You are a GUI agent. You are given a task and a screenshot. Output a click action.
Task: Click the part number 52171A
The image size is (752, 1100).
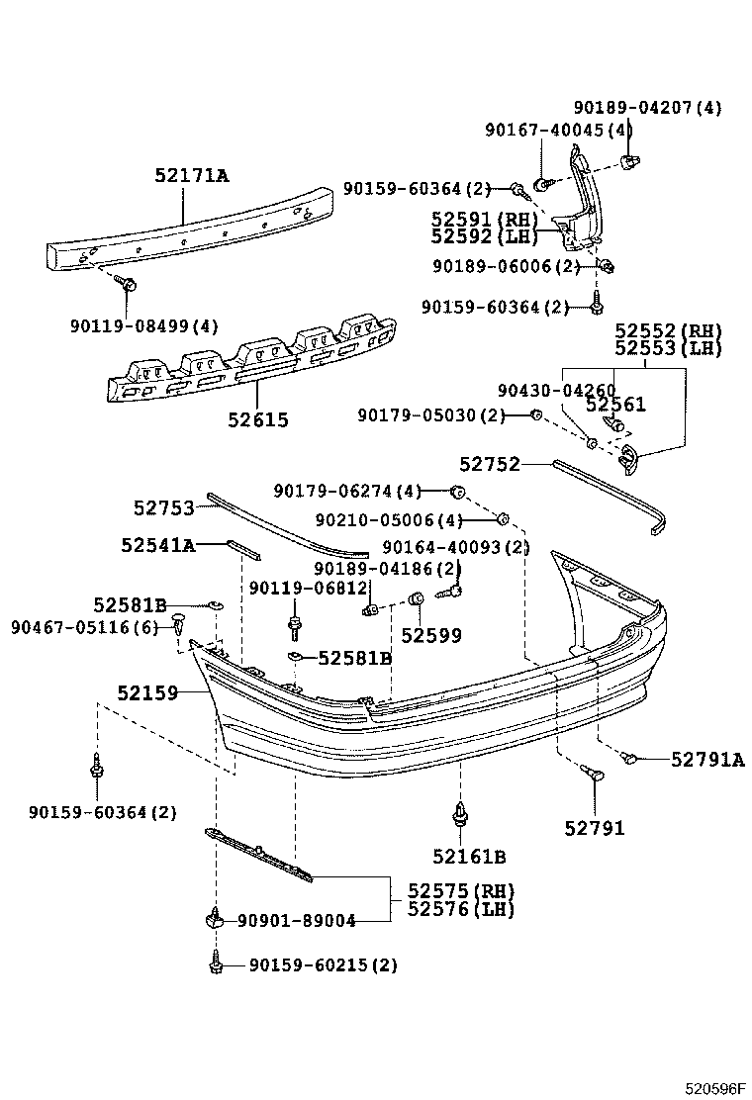click(x=191, y=177)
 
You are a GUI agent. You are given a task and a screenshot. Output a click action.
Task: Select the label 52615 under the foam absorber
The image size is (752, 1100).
click(x=257, y=419)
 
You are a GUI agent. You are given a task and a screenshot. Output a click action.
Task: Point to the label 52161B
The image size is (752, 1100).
click(x=468, y=857)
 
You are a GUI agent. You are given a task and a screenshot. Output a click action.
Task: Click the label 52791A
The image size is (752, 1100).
click(x=707, y=759)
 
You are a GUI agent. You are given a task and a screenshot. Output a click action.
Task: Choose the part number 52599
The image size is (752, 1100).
click(x=430, y=635)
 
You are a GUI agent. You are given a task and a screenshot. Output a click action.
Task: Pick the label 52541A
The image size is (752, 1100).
click(x=158, y=544)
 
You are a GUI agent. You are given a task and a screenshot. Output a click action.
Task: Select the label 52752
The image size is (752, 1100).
click(x=489, y=463)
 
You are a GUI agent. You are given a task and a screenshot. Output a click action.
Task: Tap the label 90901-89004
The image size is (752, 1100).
click(x=297, y=920)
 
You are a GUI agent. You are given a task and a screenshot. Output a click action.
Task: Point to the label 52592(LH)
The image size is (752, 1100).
click(x=484, y=236)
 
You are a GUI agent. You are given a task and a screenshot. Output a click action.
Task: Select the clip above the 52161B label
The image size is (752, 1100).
click(x=461, y=814)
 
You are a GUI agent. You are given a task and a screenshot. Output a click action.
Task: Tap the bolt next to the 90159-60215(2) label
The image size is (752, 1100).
click(x=215, y=961)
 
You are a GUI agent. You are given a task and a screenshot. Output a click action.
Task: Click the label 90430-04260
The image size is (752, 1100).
click(x=556, y=390)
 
